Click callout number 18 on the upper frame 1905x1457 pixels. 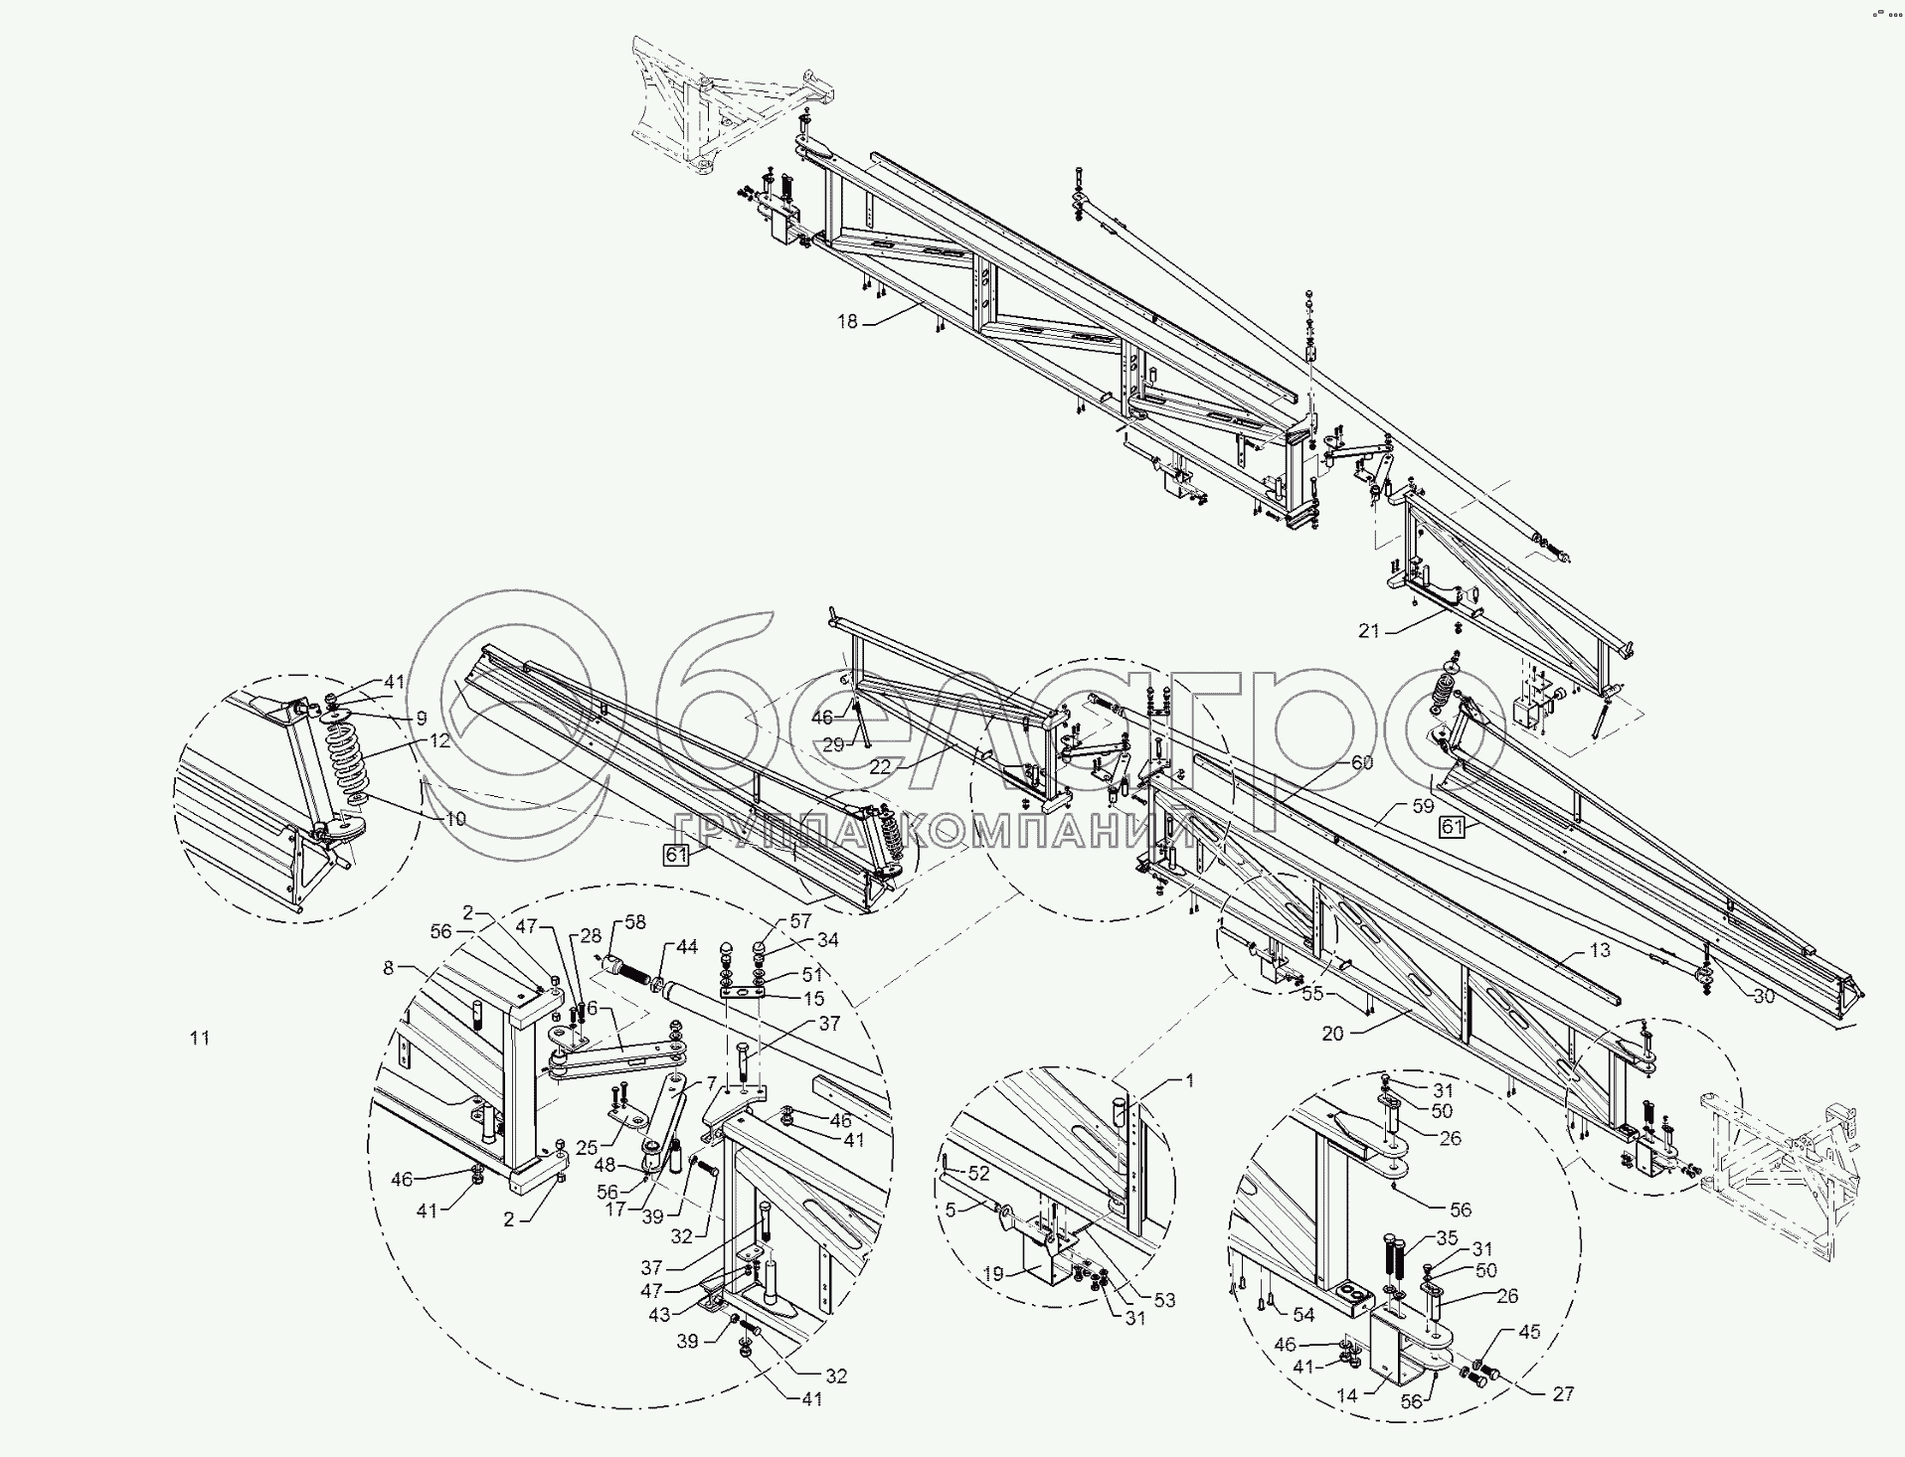point(846,321)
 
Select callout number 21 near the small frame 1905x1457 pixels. point(1370,630)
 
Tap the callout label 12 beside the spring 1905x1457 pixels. point(440,740)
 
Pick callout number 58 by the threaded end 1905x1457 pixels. point(635,923)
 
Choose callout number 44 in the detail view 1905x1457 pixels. point(687,948)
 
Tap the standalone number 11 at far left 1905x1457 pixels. point(200,1038)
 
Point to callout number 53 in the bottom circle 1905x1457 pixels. point(1164,1300)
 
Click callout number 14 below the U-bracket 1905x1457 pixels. point(1347,1395)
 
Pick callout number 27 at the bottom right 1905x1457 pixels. point(1563,1394)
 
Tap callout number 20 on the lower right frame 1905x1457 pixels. point(1333,1034)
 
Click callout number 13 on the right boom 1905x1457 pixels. point(1600,951)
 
